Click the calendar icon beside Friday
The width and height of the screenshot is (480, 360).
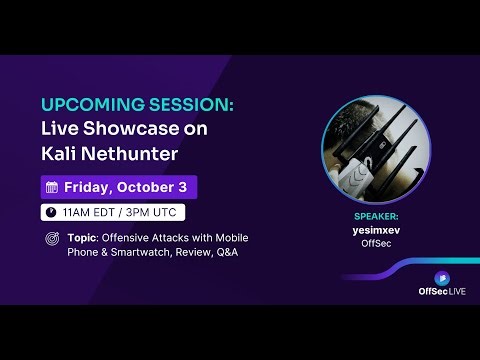pos(52,187)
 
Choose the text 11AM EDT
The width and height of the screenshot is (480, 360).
pos(87,212)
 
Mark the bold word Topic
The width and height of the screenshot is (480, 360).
pos(85,238)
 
